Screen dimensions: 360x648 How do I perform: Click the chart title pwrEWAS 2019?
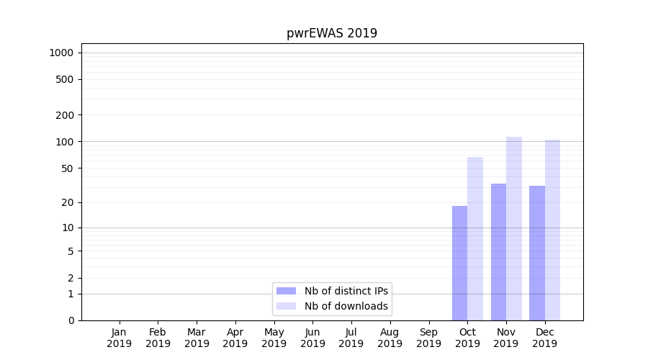coord(332,33)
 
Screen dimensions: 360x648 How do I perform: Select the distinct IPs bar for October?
coord(459,263)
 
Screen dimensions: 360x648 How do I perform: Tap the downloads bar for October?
coord(475,238)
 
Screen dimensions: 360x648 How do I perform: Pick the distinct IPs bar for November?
coord(498,252)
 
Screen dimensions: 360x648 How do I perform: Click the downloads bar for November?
coord(514,228)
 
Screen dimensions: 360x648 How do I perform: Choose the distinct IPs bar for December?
coord(537,253)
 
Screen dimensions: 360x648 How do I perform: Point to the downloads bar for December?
coord(553,230)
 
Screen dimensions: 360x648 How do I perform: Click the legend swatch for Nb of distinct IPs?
coord(286,291)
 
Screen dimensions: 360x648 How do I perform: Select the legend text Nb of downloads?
coord(346,306)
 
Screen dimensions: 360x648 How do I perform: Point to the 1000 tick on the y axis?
coord(61,53)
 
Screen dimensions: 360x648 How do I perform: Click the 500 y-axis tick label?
coord(65,79)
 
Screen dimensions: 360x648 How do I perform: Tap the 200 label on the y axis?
coord(65,115)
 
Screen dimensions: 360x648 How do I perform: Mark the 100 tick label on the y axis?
coord(65,141)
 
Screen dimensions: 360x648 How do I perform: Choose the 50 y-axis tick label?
coord(68,168)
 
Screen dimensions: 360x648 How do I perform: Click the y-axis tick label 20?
coord(68,202)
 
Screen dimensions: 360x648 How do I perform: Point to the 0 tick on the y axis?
coord(71,320)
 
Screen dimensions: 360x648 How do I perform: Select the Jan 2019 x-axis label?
coord(120,338)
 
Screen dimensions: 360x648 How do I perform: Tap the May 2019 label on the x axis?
coord(274,338)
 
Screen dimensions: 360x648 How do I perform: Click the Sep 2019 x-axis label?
coord(428,338)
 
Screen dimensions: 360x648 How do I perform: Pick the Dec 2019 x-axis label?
coord(544,338)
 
